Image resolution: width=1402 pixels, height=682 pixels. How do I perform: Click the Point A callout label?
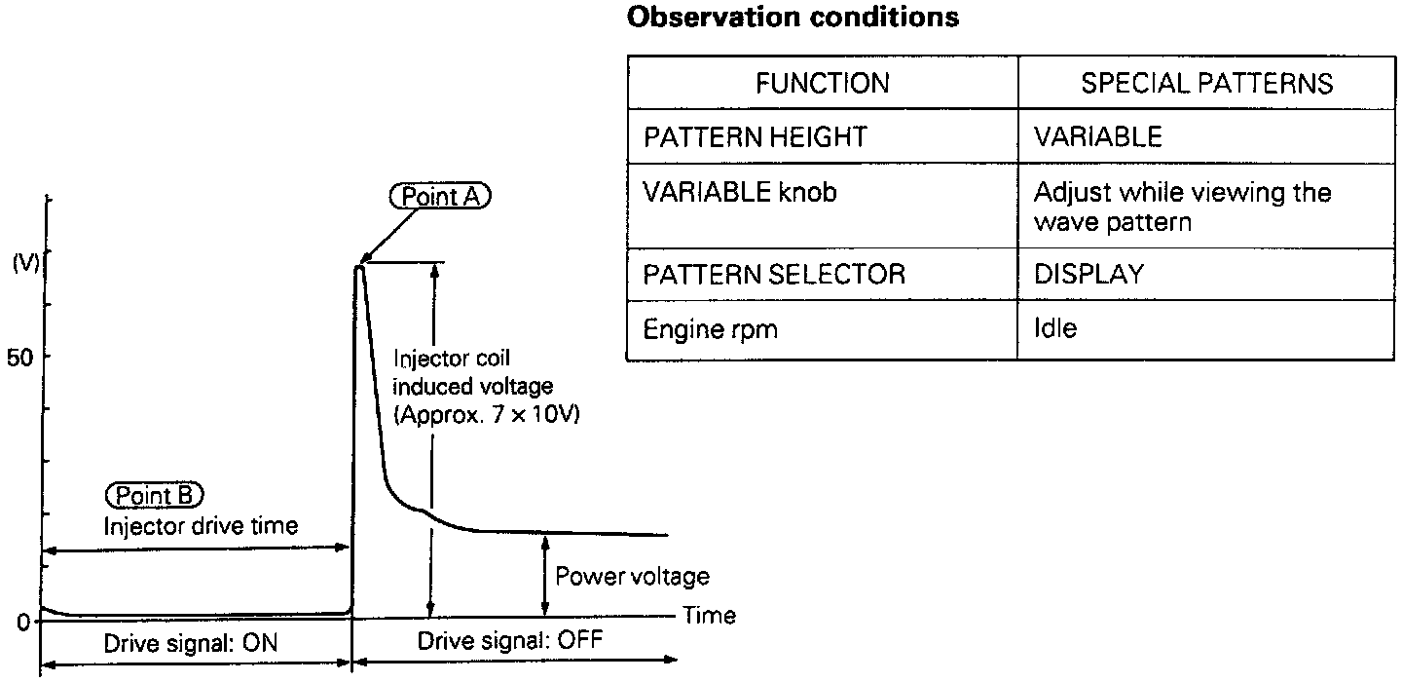pos(441,197)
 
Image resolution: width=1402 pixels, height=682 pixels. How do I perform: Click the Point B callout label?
pos(156,496)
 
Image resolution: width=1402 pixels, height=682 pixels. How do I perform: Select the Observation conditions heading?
pos(792,17)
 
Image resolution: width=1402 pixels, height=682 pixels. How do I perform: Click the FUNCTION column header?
pos(822,84)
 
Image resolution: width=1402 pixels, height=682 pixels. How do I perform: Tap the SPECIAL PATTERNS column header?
pos(1206,84)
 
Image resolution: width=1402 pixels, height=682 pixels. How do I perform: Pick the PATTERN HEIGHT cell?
pos(755,136)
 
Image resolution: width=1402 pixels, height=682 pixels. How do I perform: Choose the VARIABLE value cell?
pos(1097,136)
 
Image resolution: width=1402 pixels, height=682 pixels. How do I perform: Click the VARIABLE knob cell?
pos(739,192)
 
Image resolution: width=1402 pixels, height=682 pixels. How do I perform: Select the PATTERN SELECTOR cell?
pos(774,275)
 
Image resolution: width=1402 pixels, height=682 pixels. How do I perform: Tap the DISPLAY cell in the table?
pos(1088,275)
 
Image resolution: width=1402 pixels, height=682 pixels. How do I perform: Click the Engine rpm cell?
pos(710,329)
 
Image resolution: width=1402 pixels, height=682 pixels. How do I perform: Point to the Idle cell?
pos(1055,329)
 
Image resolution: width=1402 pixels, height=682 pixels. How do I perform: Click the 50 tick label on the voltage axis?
pos(20,357)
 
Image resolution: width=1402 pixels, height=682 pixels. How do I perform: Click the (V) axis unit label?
pos(24,264)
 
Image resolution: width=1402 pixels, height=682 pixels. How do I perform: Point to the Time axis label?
pos(709,615)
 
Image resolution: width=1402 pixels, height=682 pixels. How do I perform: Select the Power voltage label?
pos(632,577)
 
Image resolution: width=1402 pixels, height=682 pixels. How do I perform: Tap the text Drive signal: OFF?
pos(510,642)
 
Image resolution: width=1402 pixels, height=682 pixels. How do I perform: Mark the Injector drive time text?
pos(201,526)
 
